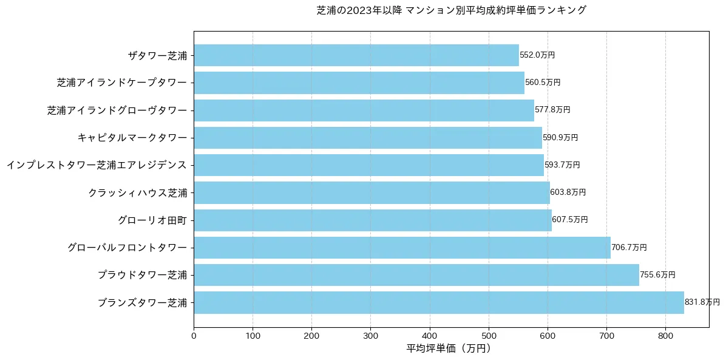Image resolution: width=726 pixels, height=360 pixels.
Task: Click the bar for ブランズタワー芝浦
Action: (439, 302)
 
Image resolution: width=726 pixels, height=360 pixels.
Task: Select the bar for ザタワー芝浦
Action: (356, 55)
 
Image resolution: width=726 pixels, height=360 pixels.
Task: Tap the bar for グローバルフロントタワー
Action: (402, 248)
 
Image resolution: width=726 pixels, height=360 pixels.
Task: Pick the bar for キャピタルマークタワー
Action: (368, 138)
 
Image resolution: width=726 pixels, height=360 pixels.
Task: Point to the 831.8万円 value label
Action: (702, 302)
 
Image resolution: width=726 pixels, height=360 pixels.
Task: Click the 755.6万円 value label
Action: (657, 275)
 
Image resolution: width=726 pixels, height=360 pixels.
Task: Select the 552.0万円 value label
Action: (537, 55)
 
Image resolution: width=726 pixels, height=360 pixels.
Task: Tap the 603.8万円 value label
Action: (568, 192)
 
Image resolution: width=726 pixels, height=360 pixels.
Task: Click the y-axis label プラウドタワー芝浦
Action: (142, 275)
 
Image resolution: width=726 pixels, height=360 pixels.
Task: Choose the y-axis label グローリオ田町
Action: (152, 220)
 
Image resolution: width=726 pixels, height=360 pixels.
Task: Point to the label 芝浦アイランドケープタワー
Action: (121, 83)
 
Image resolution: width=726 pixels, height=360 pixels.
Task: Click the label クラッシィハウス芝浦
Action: (137, 192)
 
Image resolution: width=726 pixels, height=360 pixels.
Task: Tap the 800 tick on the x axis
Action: (665, 335)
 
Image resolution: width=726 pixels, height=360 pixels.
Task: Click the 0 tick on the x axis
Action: (194, 335)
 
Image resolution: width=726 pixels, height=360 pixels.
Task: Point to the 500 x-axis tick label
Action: (489, 335)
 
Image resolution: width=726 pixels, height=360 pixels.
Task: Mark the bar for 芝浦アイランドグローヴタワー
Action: (364, 110)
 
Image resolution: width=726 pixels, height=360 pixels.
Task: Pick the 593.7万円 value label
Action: (562, 165)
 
